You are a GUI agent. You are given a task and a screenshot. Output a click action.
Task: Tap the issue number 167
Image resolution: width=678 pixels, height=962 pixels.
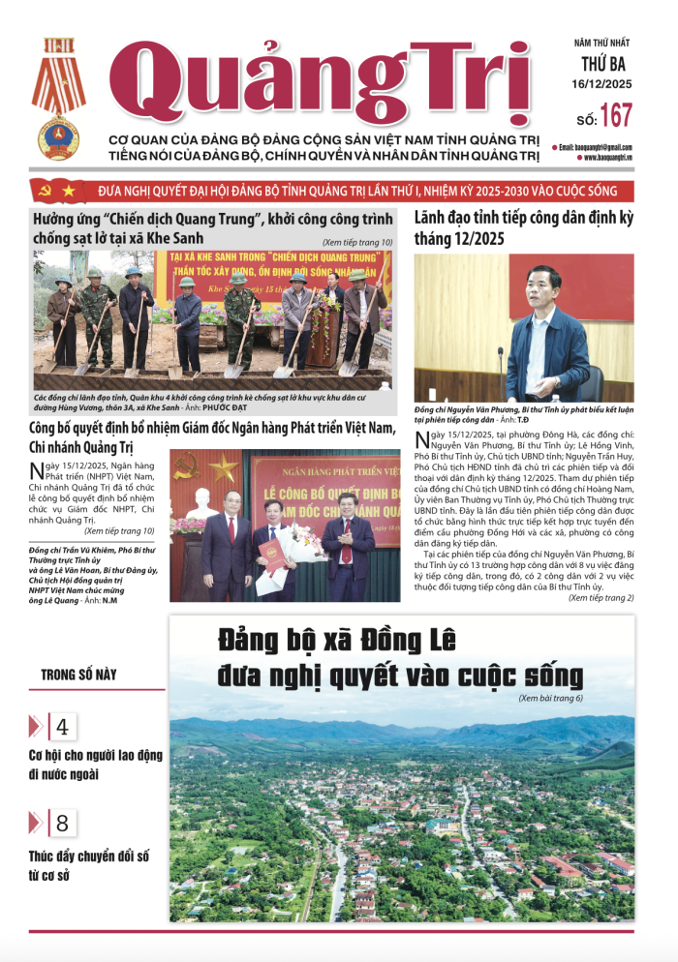click(616, 116)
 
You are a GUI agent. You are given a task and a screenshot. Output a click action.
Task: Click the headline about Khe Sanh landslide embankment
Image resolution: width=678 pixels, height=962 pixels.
click(212, 228)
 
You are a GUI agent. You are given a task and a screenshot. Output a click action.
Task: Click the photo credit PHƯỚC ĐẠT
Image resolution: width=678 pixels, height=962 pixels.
click(256, 408)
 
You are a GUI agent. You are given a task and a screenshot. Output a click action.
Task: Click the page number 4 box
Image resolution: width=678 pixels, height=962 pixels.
click(62, 727)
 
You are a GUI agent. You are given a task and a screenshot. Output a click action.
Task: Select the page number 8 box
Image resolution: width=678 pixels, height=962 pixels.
click(62, 824)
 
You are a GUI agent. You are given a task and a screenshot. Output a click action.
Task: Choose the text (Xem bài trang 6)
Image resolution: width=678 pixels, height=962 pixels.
click(550, 698)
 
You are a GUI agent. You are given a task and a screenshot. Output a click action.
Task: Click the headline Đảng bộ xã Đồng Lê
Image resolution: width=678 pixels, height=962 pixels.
click(399, 658)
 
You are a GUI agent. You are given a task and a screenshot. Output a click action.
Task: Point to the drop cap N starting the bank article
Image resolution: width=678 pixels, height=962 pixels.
click(38, 471)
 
